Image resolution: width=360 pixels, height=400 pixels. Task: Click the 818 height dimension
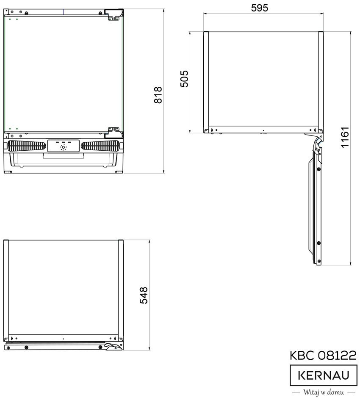point(158,95)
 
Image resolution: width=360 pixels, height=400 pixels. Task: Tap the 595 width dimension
point(259,8)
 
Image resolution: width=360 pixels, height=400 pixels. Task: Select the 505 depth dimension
point(184,79)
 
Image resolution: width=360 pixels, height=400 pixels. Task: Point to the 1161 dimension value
point(345,137)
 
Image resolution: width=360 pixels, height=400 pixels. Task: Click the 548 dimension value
point(144,295)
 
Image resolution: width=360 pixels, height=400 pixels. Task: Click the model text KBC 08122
point(323,356)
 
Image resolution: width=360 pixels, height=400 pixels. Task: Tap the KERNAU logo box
point(324,375)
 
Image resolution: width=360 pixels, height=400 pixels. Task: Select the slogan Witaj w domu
point(324,392)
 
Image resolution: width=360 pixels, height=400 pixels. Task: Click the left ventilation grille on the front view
point(27,146)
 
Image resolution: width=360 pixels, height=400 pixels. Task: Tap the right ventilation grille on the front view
point(100,146)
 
